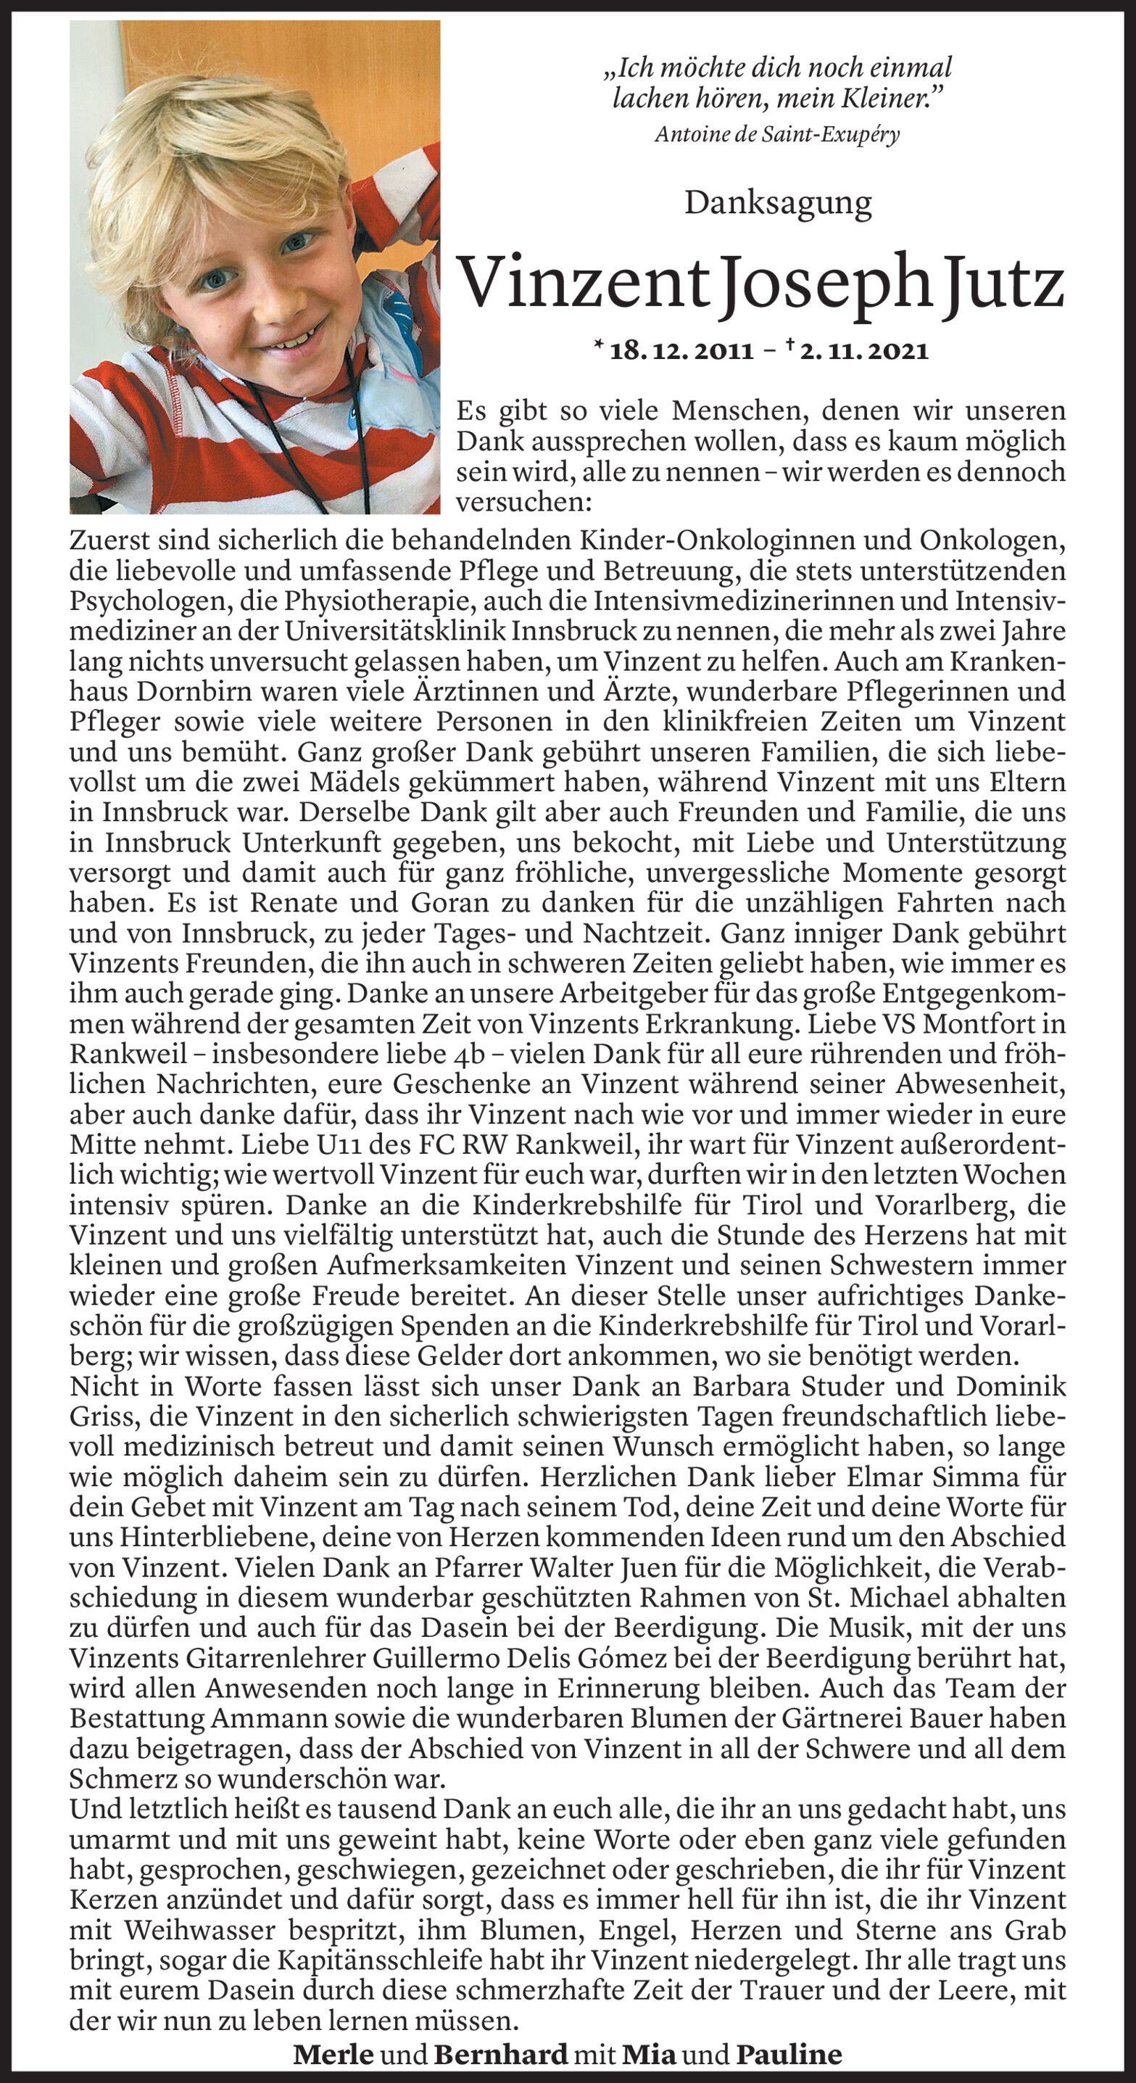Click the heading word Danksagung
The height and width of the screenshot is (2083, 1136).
pyautogui.click(x=778, y=203)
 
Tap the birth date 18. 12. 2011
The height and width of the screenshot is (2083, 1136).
pyautogui.click(x=681, y=351)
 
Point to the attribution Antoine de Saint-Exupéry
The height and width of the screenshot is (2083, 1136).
pyautogui.click(x=777, y=134)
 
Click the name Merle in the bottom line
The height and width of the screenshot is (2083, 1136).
pyautogui.click(x=333, y=2054)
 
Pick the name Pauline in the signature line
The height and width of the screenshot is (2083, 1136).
pyautogui.click(x=788, y=2054)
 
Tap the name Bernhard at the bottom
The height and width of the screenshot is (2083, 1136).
pyautogui.click(x=499, y=2054)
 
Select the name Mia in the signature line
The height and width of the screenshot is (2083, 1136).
pyautogui.click(x=648, y=2054)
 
